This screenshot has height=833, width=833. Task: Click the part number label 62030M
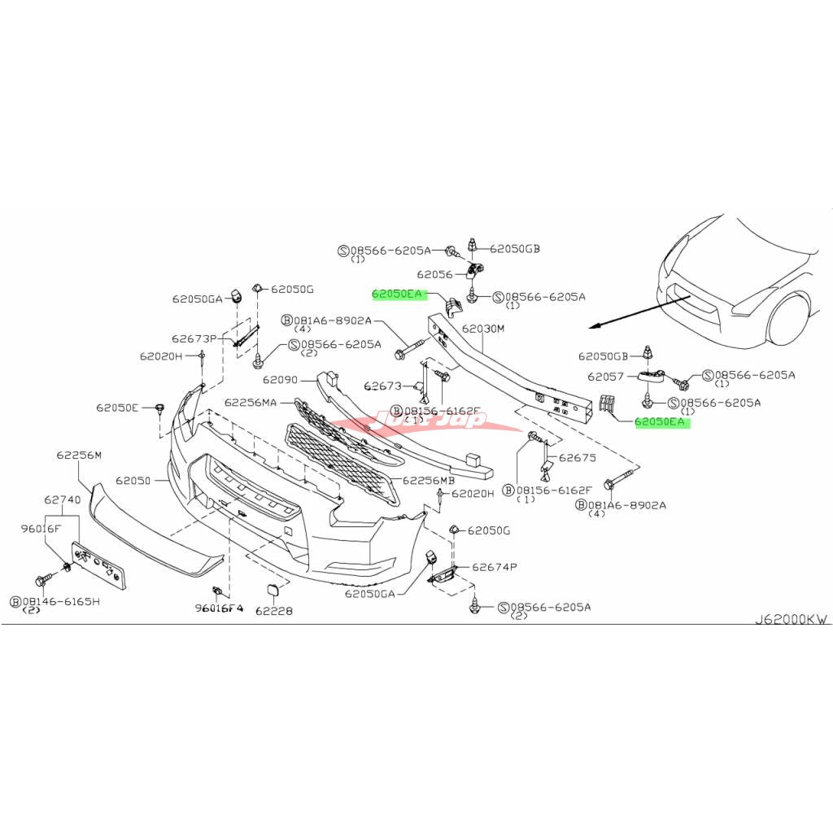click(483, 329)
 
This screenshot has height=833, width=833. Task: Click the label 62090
click(281, 379)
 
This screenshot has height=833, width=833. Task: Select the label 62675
click(577, 457)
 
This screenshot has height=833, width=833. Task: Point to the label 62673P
click(194, 338)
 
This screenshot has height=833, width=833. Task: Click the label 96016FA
click(219, 608)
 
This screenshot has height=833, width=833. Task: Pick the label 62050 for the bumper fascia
click(133, 481)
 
